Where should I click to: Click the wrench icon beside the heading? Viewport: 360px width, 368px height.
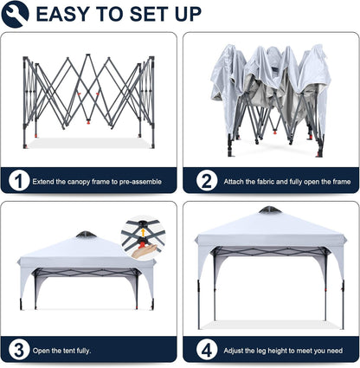(x=15, y=14)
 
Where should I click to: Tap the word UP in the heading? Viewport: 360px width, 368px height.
(x=188, y=14)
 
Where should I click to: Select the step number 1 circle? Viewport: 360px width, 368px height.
(x=19, y=182)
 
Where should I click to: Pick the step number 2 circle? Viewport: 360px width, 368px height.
(x=207, y=181)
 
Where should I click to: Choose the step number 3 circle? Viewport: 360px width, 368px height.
(x=19, y=351)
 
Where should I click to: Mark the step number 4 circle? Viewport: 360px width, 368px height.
(x=207, y=351)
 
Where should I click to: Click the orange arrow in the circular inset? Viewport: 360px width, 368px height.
(x=143, y=232)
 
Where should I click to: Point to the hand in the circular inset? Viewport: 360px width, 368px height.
(x=145, y=250)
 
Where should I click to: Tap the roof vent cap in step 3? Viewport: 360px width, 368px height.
(x=87, y=234)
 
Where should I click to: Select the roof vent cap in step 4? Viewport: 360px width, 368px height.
(x=270, y=210)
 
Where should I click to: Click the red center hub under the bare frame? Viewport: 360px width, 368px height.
(x=88, y=122)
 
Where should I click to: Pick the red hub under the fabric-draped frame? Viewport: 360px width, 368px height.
(x=275, y=132)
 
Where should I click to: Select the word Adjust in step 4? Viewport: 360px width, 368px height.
(x=234, y=351)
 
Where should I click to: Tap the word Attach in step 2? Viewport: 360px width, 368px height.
(x=234, y=182)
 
